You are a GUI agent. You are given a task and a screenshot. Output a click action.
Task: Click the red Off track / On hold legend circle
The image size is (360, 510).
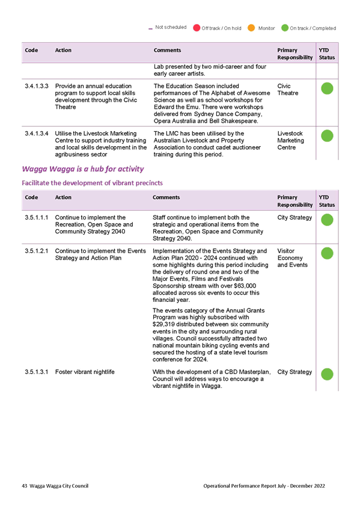point(197,28)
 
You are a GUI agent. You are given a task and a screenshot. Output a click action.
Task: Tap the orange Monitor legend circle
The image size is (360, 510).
point(251,28)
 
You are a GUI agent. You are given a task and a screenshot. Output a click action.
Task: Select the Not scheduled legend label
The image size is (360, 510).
point(171,27)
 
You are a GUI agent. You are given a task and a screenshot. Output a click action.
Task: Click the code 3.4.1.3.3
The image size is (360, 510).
point(37,86)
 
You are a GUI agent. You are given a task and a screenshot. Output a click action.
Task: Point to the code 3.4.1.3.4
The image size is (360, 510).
point(37,134)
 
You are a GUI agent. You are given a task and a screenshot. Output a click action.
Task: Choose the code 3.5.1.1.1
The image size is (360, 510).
point(37,218)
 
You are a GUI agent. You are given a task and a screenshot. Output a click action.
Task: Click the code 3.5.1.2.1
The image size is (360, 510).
point(37,251)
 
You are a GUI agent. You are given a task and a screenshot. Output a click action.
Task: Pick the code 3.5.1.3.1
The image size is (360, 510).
point(37,372)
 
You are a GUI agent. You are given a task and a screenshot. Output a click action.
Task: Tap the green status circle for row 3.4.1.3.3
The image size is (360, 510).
point(327,88)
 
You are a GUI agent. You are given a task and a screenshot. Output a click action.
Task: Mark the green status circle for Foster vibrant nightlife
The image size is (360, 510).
point(327,374)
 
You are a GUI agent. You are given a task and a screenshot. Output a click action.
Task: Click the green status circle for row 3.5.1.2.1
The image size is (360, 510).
point(327,253)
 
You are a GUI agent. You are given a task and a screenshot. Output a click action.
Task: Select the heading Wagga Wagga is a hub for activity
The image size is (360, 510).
point(83,169)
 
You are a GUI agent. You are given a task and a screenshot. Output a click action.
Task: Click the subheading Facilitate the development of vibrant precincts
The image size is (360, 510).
point(93,183)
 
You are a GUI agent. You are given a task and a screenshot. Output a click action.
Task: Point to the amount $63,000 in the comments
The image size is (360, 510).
point(245,286)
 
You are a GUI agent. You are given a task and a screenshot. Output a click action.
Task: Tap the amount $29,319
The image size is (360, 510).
point(163,325)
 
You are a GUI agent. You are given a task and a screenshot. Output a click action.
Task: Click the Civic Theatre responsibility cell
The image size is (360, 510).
point(288,90)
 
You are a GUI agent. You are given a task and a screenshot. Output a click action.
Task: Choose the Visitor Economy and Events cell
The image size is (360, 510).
point(293,258)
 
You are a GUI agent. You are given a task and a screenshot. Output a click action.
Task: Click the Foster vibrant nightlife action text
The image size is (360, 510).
point(85,372)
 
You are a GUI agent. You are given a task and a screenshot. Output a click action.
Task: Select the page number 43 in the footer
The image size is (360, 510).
point(25,486)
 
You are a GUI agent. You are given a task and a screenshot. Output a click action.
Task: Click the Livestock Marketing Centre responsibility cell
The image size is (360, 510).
point(291,141)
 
